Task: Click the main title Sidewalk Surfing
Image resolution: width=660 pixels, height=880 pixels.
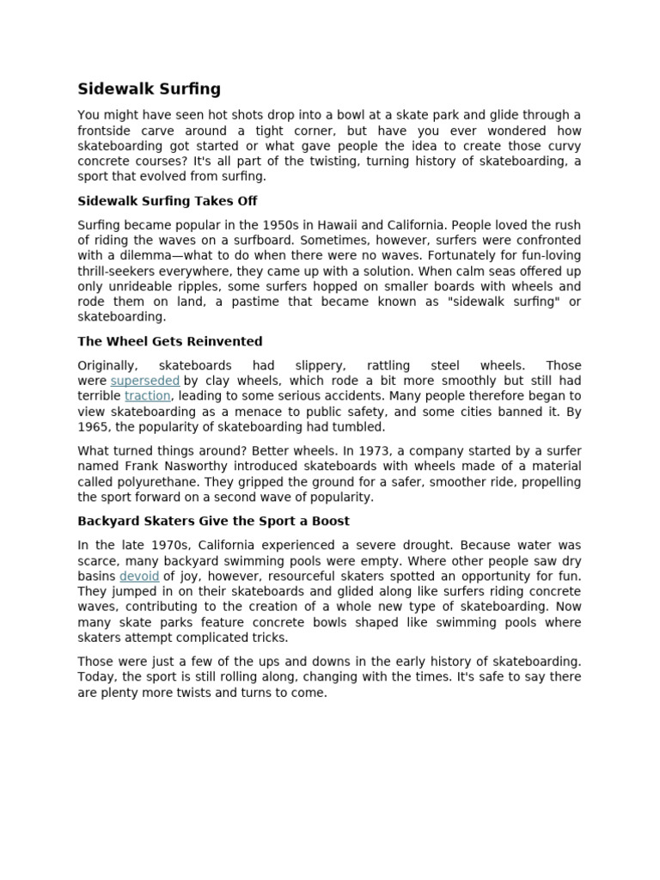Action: point(149,89)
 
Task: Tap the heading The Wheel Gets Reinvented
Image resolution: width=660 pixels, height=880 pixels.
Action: point(170,341)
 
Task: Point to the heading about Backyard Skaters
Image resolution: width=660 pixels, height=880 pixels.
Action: point(213,521)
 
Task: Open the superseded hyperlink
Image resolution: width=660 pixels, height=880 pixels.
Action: point(144,381)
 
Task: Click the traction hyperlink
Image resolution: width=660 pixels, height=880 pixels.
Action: point(148,396)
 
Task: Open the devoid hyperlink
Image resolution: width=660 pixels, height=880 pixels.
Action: point(139,576)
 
